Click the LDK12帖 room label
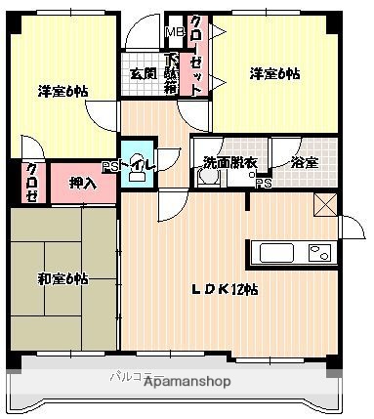224,289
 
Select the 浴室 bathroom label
304,162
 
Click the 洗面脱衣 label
230,162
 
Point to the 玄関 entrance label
143,72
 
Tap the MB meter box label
174,32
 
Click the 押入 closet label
83,183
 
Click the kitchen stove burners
318,253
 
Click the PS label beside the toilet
108,167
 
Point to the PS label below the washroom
262,183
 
